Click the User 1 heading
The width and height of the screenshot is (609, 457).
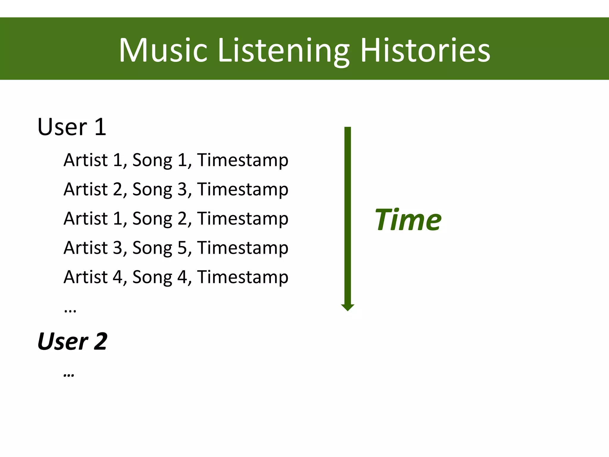tap(72, 127)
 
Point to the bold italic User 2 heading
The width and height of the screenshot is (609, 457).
tap(72, 341)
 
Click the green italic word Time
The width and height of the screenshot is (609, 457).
tap(408, 220)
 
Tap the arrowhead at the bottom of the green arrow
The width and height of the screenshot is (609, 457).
tap(347, 307)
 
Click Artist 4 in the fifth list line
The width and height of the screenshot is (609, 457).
tap(93, 277)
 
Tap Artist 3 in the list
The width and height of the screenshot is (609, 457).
tap(93, 248)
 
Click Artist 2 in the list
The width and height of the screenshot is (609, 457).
tap(93, 189)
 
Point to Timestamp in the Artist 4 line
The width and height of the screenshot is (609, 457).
tap(243, 277)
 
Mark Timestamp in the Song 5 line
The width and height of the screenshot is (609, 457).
tap(243, 248)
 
